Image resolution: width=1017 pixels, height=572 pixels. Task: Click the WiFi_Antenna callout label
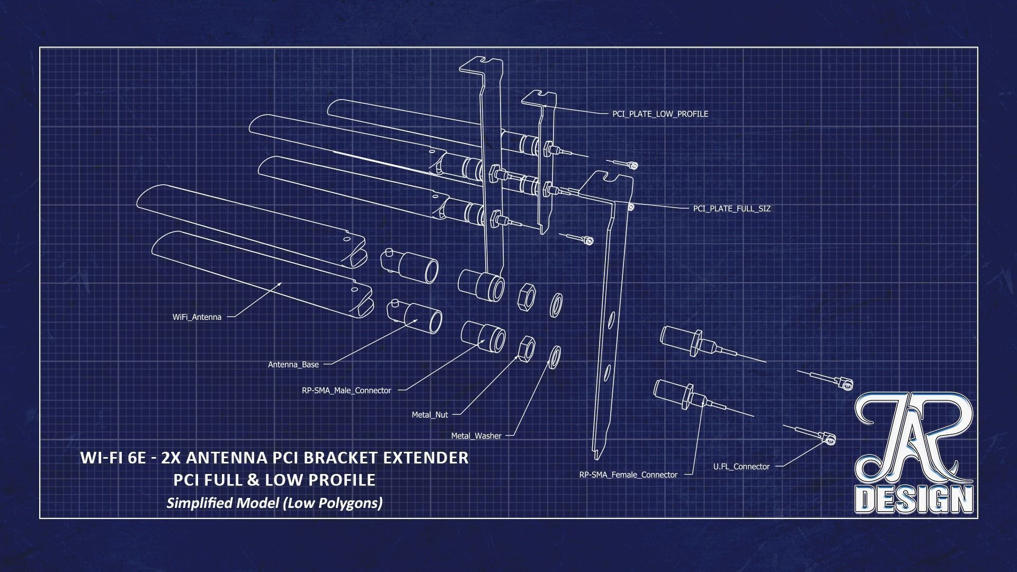pos(197,317)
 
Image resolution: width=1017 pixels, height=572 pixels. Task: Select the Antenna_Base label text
pos(293,364)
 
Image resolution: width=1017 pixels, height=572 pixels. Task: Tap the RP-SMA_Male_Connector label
pos(346,390)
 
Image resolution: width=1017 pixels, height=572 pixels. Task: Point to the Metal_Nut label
pos(430,415)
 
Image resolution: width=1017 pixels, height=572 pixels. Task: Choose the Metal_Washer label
pos(476,436)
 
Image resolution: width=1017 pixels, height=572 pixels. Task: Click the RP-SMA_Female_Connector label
pos(628,475)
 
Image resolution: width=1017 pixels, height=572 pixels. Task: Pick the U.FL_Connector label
pos(741,467)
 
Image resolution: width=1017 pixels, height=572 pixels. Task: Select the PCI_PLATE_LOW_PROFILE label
pos(660,114)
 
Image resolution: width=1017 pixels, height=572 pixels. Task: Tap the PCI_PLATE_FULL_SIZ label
pos(731,209)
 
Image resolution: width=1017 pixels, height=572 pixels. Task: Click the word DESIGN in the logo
pos(914,498)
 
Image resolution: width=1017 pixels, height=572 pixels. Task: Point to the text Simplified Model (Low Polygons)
pos(274,503)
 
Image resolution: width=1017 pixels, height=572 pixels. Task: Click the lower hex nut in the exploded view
pos(525,349)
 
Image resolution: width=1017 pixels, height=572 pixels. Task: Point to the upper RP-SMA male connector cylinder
pos(480,285)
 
